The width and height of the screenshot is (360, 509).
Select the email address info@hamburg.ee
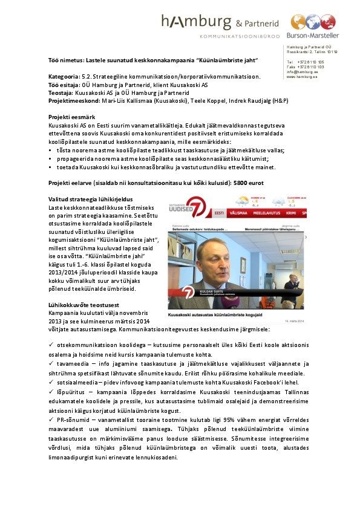click(x=299, y=72)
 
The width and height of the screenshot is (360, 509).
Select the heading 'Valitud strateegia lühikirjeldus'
click(x=91, y=199)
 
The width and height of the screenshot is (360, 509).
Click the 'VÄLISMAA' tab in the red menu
click(x=241, y=213)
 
